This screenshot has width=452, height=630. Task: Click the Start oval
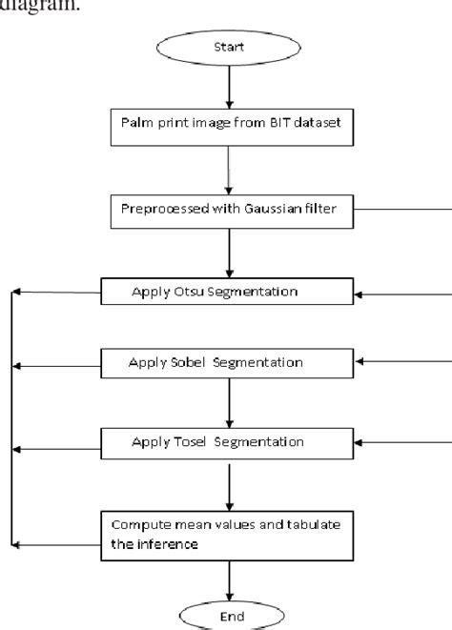pos(227,45)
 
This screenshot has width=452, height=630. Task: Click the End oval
pos(228,616)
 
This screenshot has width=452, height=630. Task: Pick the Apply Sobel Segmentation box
pos(227,362)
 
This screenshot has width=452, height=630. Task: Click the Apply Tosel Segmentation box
pos(227,441)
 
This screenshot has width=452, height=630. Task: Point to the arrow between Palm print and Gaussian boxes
pos(228,169)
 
